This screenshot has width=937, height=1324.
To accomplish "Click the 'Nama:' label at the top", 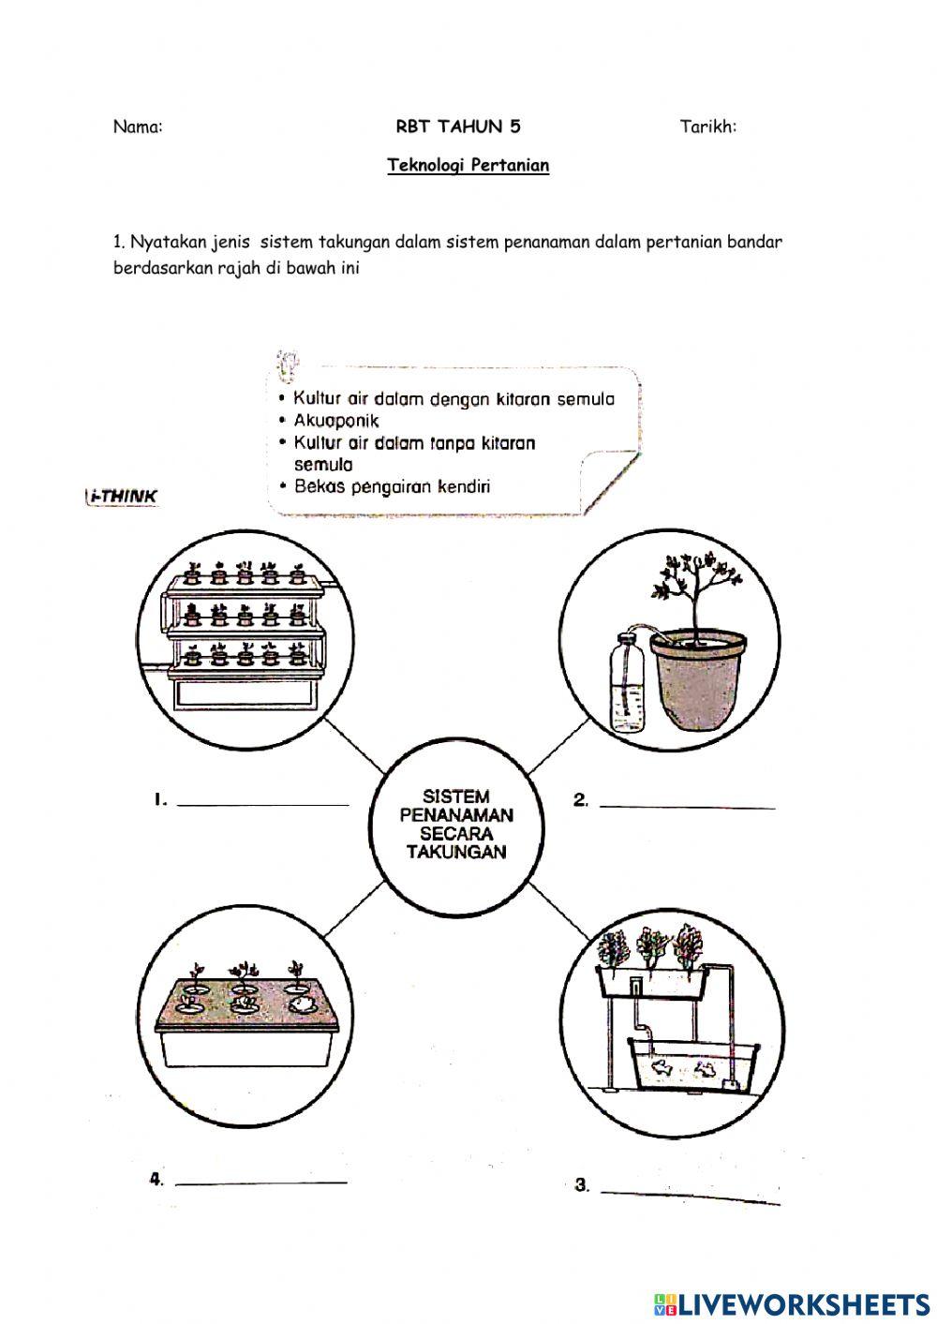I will tap(138, 127).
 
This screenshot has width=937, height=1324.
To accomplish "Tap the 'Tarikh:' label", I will tap(707, 127).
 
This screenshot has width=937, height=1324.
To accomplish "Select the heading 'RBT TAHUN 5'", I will tap(457, 127).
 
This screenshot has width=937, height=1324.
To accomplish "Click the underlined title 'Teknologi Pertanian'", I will tap(468, 166).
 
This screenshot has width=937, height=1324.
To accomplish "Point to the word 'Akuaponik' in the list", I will tap(336, 421).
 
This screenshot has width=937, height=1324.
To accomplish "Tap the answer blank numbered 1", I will tap(262, 802).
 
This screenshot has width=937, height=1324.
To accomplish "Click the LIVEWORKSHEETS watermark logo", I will tap(791, 1303).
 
